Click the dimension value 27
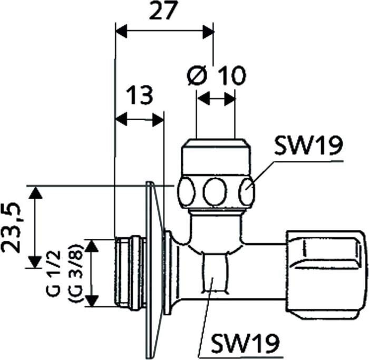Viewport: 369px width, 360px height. pos(163,11)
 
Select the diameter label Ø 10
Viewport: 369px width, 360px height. pos(217,75)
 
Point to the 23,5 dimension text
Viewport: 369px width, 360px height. pos(11,227)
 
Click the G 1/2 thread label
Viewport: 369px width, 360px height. pos(53,274)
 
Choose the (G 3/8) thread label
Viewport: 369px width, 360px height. pos(75,274)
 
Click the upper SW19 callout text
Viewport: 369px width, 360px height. pos(308,145)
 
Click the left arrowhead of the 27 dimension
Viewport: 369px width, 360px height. pos(121,31)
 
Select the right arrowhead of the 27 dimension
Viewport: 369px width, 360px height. pos(208,31)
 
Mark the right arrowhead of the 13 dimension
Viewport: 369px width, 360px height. pos(158,120)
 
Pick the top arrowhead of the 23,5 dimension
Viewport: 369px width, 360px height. pos(35,192)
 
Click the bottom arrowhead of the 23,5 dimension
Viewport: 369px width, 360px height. pos(35,262)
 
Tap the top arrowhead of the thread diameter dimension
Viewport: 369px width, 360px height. pos(92,246)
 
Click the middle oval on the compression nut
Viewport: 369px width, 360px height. pos(215,191)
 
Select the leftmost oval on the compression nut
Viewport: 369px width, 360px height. pos(186,191)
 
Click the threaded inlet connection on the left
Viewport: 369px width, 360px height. pos(130,273)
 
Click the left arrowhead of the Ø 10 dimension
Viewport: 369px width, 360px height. pos(203,98)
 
